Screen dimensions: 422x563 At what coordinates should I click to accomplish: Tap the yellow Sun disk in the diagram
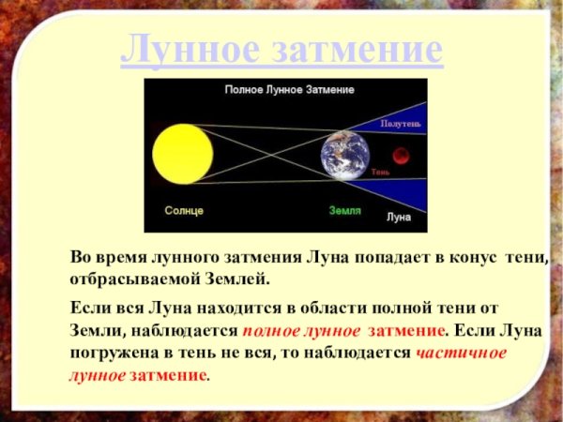click(183, 152)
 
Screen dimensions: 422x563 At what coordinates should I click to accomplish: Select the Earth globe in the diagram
click(344, 154)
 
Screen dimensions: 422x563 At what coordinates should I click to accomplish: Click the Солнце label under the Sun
click(183, 210)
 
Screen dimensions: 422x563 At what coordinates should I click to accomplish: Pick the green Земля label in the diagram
click(345, 210)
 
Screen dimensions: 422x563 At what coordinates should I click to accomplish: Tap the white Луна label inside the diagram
click(399, 217)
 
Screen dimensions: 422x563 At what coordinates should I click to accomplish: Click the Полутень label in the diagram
click(401, 123)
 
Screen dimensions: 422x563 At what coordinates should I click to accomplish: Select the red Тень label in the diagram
click(380, 173)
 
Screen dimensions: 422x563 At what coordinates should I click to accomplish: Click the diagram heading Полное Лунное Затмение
click(288, 90)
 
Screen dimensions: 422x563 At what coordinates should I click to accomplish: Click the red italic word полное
click(273, 330)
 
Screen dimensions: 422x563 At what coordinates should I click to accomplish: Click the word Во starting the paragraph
click(82, 257)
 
